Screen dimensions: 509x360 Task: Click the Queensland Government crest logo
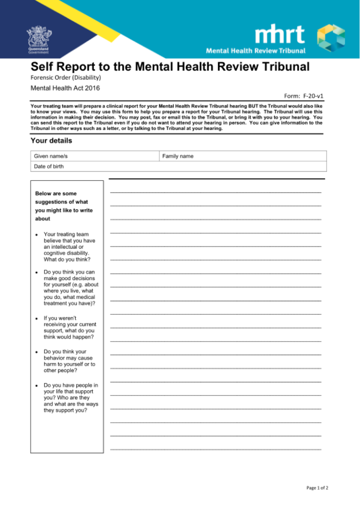click(x=38, y=40)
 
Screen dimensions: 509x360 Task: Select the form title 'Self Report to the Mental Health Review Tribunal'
click(x=170, y=67)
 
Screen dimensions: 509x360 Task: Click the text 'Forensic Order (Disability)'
click(x=65, y=78)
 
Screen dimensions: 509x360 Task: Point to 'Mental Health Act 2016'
click(x=65, y=88)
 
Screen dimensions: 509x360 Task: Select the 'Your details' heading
click(x=51, y=141)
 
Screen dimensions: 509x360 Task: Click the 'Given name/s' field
click(x=96, y=156)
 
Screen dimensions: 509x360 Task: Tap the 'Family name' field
click(x=243, y=156)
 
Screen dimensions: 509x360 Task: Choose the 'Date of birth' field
click(x=178, y=167)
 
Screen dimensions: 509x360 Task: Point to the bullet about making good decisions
click(x=70, y=288)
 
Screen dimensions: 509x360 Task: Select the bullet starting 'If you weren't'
click(x=70, y=327)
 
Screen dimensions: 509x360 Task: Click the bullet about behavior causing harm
click(x=69, y=361)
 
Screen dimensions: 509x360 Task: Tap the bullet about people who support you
click(x=70, y=398)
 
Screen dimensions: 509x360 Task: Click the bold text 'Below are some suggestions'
click(x=64, y=206)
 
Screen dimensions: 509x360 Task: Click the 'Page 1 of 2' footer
click(x=317, y=488)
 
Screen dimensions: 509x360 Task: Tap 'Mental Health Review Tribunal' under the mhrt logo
click(x=256, y=51)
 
